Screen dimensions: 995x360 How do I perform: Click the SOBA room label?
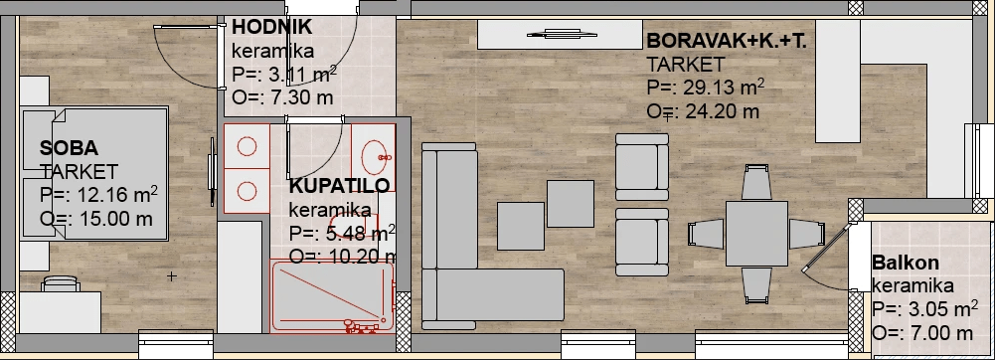coord(69,148)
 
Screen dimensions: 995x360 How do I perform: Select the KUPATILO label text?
coord(340,186)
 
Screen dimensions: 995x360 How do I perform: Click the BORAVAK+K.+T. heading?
coord(727,41)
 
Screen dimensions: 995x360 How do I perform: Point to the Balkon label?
coord(906,263)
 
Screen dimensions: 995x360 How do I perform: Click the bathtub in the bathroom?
coord(333,296)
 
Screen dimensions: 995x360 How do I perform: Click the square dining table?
coord(756,234)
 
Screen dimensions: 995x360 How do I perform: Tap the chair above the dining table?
coord(756,182)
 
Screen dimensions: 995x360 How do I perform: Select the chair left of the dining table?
coord(707,234)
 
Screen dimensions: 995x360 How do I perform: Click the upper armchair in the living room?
coord(642,167)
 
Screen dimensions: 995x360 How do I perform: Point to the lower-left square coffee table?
coord(520,226)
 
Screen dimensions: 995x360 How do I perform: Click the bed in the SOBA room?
coord(95,174)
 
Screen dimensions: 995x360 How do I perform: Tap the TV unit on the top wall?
coord(561,35)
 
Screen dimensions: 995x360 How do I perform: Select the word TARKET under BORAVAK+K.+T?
coord(686,64)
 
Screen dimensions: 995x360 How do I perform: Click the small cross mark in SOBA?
coord(171,276)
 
